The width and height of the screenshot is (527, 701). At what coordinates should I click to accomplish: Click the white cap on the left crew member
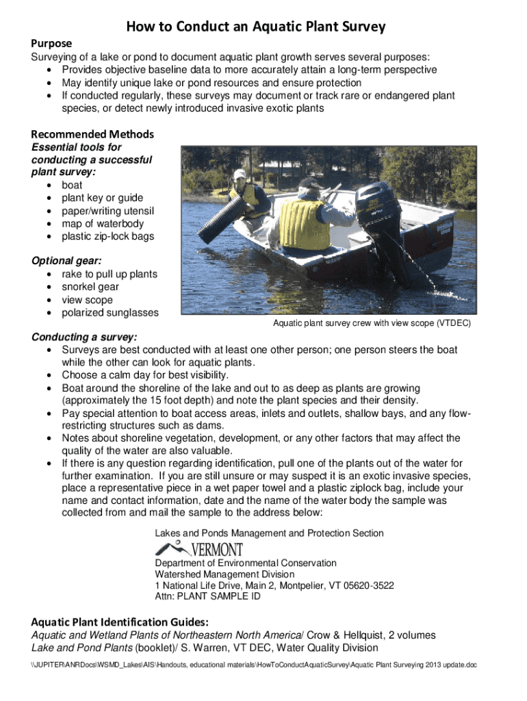[x=239, y=175]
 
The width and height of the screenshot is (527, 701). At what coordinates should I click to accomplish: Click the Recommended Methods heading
[x=92, y=134]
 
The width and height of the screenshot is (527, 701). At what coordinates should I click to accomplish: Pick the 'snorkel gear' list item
[x=90, y=287]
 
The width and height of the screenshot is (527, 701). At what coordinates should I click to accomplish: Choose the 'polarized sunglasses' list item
[x=110, y=313]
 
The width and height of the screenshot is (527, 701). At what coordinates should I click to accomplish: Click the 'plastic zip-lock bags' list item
[x=108, y=236]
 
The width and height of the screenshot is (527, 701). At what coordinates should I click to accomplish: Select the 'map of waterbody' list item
[x=103, y=223]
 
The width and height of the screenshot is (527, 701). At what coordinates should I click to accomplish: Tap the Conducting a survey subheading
[x=84, y=337]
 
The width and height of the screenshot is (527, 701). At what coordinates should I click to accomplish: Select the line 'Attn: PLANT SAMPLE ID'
[x=207, y=597]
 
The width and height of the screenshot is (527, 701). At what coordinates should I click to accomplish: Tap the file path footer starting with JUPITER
[x=263, y=665]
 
